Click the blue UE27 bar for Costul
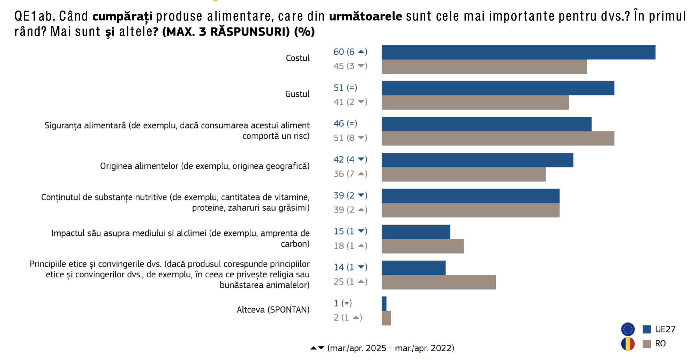point(518,52)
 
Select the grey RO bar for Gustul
point(475,103)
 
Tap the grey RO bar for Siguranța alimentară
point(498,138)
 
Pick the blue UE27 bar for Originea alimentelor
point(477,160)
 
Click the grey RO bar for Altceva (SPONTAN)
point(386,318)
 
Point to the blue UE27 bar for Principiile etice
point(413,268)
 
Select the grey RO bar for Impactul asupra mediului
point(423,246)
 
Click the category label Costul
point(298,58)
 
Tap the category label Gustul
point(297,94)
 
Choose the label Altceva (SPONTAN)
point(273,310)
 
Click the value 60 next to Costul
point(339,52)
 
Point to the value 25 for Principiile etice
point(339,282)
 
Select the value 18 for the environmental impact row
point(339,246)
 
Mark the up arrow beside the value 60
point(362,52)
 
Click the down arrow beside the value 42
point(362,159)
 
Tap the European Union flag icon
point(628,329)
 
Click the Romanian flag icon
point(628,344)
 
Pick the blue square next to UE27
point(647,329)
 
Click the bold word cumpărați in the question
point(122,16)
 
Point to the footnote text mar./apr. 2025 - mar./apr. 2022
point(391,348)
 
